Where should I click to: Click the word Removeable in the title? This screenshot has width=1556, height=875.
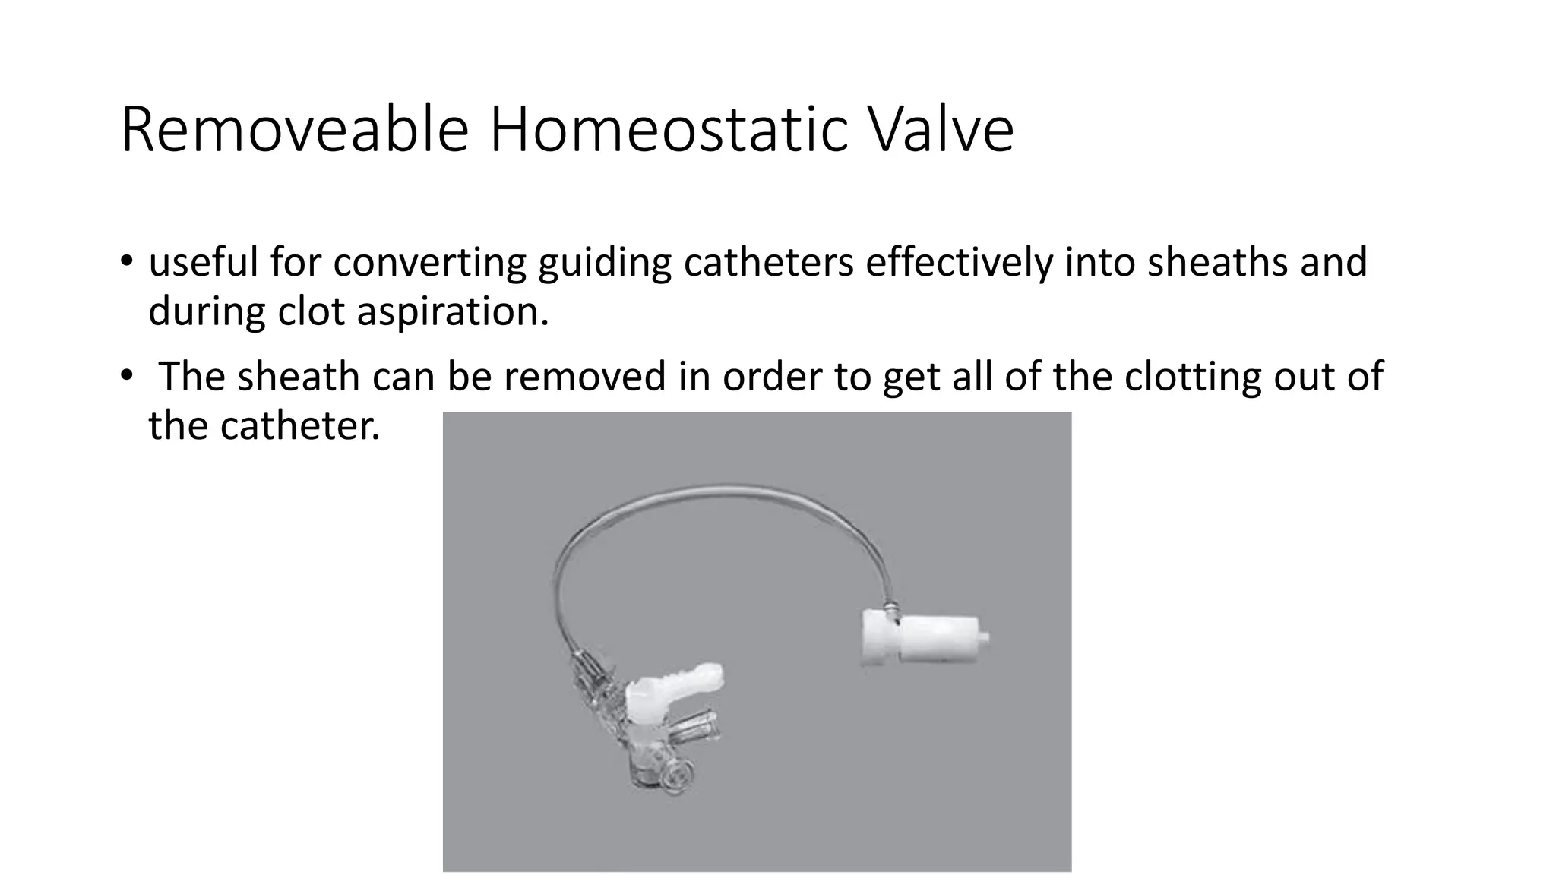pos(294,131)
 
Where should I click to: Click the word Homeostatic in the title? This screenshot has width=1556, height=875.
pos(668,131)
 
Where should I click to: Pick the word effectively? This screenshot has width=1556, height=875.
pos(960,263)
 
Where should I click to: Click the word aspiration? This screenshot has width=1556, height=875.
pos(452,311)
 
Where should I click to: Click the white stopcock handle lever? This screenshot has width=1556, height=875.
pos(684,680)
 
